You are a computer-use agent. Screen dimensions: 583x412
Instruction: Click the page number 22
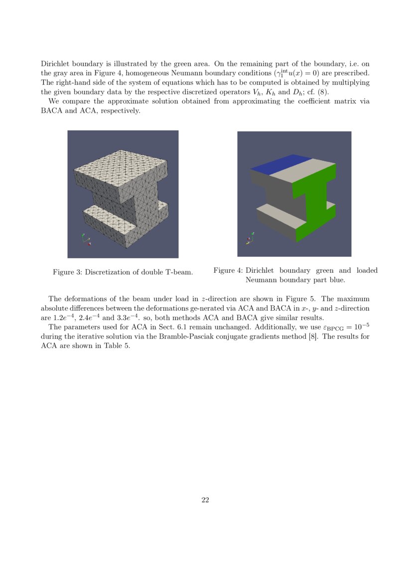point(205,500)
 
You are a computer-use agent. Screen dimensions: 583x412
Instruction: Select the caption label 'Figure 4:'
point(228,270)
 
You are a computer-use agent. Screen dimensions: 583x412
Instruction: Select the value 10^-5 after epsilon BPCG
point(361,327)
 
